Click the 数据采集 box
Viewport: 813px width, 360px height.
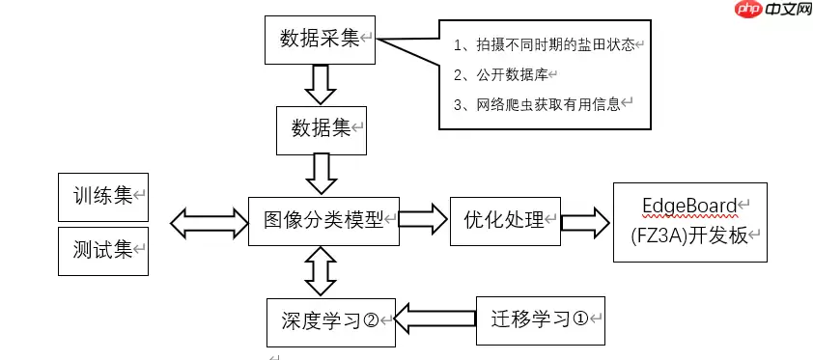[320, 39]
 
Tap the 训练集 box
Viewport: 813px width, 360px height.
[102, 197]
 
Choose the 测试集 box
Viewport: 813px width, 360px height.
[102, 251]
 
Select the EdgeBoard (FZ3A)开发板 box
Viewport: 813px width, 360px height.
[689, 222]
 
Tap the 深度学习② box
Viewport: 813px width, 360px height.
[330, 321]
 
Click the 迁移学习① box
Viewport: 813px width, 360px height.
[541, 318]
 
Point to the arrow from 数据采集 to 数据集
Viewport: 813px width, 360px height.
[320, 83]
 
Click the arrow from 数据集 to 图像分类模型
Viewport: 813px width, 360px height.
[320, 175]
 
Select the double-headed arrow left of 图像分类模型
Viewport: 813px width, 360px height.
[209, 223]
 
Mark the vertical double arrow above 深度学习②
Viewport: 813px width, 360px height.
[320, 272]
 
